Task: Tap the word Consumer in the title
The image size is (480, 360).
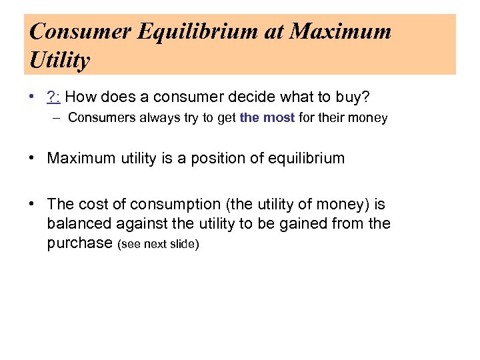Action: tap(71, 32)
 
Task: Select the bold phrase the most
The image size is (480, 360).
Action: tap(267, 118)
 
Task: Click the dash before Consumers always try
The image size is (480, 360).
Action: tap(58, 118)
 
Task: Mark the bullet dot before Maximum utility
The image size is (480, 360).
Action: tap(32, 159)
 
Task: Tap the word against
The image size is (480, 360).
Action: tap(135, 223)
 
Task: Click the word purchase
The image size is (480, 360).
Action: tap(79, 243)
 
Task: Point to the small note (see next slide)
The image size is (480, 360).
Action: tap(159, 244)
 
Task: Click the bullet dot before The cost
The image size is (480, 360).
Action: tap(32, 205)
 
